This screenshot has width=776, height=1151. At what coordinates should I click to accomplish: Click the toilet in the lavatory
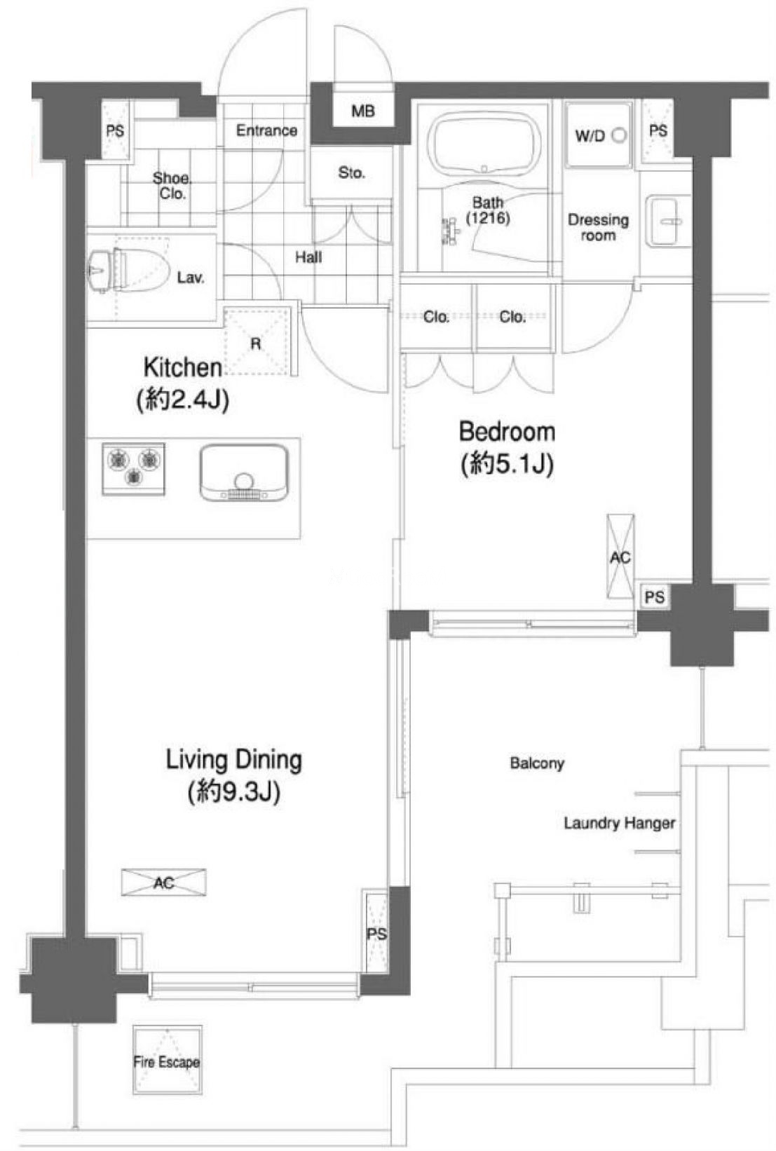[x=128, y=271]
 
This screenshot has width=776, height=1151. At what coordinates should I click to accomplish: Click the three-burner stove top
[x=134, y=469]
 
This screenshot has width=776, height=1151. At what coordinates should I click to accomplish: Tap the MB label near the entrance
[x=363, y=111]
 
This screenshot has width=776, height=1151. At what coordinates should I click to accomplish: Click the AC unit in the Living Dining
[x=164, y=883]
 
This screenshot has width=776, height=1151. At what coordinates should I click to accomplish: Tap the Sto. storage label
[x=351, y=173]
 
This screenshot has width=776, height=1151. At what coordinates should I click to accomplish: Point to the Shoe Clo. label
[x=172, y=186]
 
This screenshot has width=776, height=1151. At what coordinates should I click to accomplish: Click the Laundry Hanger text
[x=620, y=823]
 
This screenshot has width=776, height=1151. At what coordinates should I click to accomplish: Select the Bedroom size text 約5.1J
[x=508, y=465]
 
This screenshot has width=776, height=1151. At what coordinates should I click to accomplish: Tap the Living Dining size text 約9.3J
[x=234, y=792]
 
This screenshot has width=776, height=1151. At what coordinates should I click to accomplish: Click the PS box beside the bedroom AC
[x=654, y=597]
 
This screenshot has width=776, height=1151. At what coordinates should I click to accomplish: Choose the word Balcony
[x=537, y=763]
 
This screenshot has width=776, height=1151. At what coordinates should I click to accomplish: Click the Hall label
[x=308, y=257]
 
